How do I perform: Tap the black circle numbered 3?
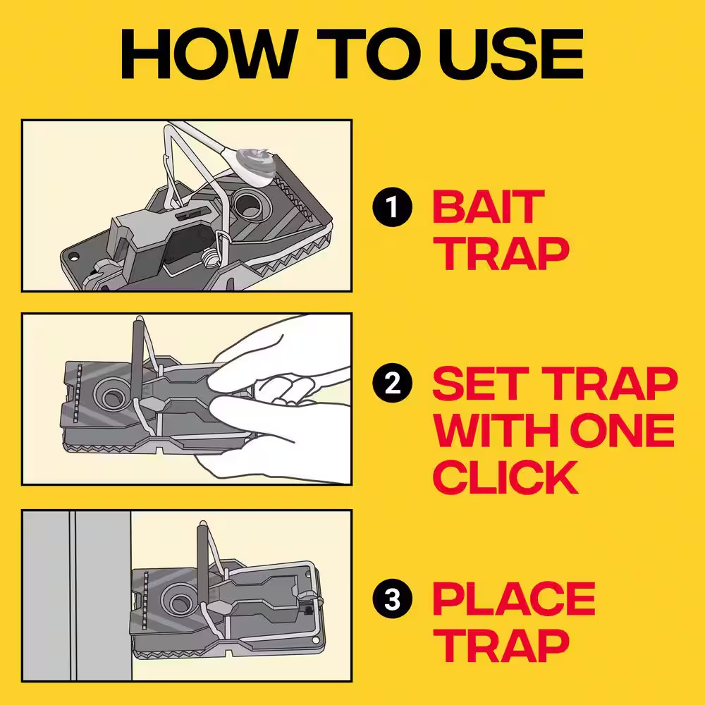point(391,601)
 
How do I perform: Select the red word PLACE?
point(513,600)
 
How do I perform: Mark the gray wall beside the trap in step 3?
point(78,596)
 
